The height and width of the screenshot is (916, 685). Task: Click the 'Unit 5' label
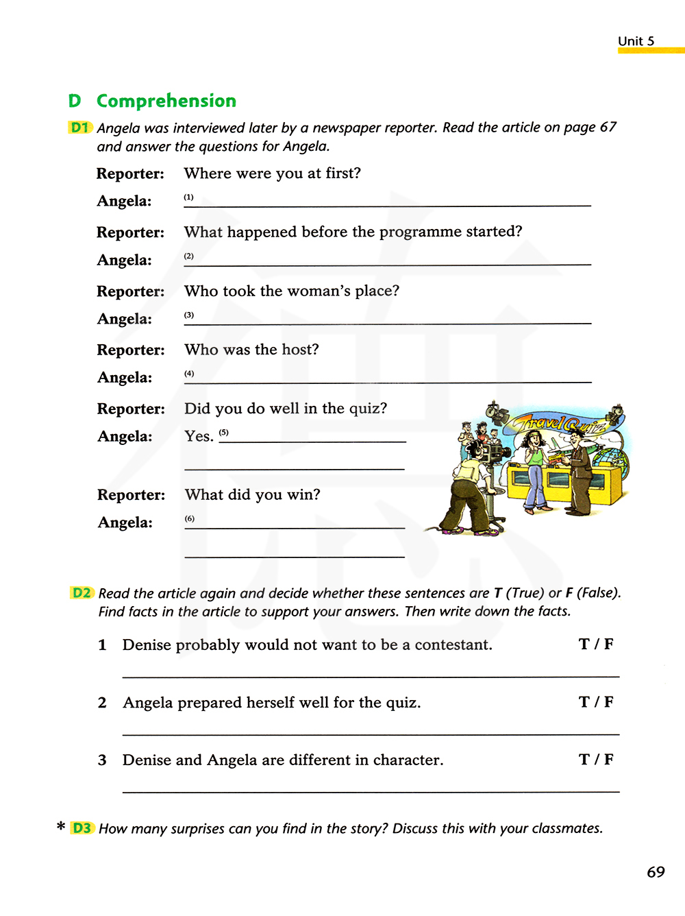click(x=636, y=41)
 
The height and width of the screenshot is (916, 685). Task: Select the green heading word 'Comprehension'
click(x=166, y=101)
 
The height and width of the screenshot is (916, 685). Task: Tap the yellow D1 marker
click(x=80, y=128)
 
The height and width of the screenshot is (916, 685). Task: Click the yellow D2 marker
click(x=82, y=593)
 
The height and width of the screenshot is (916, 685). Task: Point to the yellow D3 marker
click(x=82, y=828)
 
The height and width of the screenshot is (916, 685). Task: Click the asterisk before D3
click(x=61, y=826)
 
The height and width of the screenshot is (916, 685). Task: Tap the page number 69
click(x=656, y=872)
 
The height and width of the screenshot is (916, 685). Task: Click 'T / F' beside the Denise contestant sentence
click(x=596, y=644)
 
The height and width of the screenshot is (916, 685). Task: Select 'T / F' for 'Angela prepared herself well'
click(x=596, y=702)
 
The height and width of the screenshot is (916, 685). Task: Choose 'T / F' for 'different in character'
click(x=596, y=760)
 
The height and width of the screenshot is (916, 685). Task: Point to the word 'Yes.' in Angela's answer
click(x=199, y=437)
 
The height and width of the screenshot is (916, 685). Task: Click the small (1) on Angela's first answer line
click(x=188, y=197)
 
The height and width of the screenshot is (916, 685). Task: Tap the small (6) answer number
click(x=190, y=519)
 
